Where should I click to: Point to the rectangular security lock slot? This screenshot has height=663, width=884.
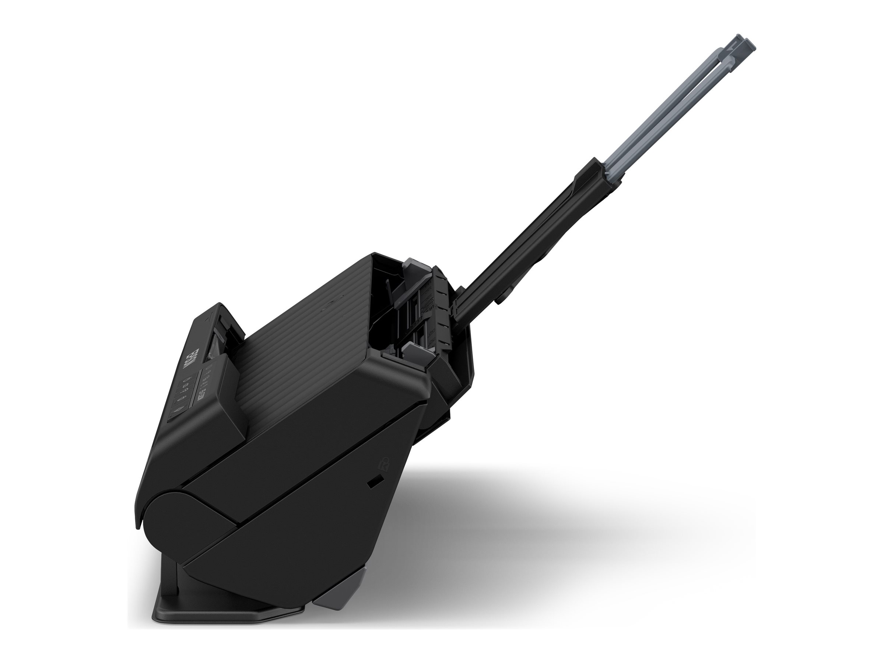[373, 483]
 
